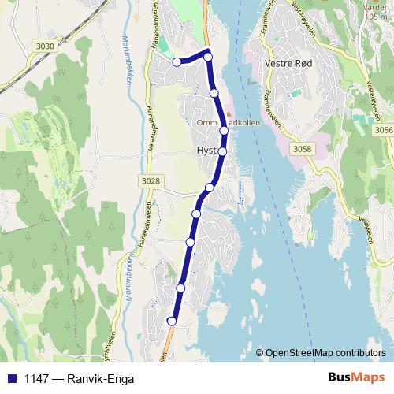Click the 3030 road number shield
pyautogui.click(x=45, y=46)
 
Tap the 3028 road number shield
pyautogui.click(x=151, y=181)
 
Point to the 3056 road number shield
pyautogui.click(x=384, y=130)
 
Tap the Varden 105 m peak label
pyautogui.click(x=377, y=12)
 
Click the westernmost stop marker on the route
pyautogui.click(x=177, y=61)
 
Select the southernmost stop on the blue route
pyautogui.click(x=172, y=321)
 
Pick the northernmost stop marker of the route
pyautogui.click(x=208, y=56)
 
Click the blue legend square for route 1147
pyautogui.click(x=12, y=377)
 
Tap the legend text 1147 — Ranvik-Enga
pyautogui.click(x=79, y=377)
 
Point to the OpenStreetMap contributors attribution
pyautogui.click(x=325, y=353)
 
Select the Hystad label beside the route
pyautogui.click(x=206, y=151)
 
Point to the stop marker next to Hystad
pyautogui.click(x=222, y=151)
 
